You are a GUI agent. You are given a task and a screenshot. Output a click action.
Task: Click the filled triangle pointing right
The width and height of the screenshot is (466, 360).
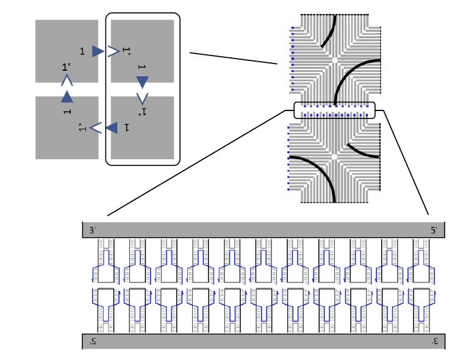tap(98, 51)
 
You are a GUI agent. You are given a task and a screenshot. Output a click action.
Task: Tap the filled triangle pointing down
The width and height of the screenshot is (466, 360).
tap(142, 82)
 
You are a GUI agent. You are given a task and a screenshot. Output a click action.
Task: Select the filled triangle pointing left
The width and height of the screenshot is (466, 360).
tap(112, 128)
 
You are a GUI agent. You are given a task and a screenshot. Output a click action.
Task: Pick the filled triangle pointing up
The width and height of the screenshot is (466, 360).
tap(67, 96)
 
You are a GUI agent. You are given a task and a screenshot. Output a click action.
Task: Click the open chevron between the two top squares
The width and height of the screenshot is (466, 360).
tap(113, 51)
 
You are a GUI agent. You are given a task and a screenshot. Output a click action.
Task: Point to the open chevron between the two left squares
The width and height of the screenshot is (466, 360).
tap(67, 81)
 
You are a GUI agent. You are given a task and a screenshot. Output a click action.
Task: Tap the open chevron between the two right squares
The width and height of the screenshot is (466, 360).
tap(142, 99)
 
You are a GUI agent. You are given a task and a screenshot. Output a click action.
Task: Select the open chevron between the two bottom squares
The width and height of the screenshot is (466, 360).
tap(95, 128)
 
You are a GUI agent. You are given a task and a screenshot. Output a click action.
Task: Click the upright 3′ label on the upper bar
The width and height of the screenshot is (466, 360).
tap(93, 231)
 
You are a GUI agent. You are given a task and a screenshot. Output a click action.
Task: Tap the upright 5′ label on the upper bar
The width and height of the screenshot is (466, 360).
tap(434, 231)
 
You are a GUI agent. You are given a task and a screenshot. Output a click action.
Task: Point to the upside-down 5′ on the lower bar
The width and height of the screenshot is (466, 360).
tap(93, 341)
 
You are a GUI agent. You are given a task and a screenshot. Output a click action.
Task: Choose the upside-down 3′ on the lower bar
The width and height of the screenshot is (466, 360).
tap(435, 341)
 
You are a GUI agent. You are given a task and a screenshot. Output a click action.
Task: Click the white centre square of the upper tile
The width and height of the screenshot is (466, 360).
tap(335, 60)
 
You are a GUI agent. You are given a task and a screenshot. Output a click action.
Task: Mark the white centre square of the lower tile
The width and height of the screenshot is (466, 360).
tap(335, 157)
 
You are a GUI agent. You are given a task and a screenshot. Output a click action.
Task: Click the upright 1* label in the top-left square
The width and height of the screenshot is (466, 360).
tap(66, 67)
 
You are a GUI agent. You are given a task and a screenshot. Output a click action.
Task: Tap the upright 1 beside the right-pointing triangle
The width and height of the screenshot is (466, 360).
tap(82, 51)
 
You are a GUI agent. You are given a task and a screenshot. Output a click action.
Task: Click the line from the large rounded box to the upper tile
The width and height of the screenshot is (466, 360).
tap(234, 58)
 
